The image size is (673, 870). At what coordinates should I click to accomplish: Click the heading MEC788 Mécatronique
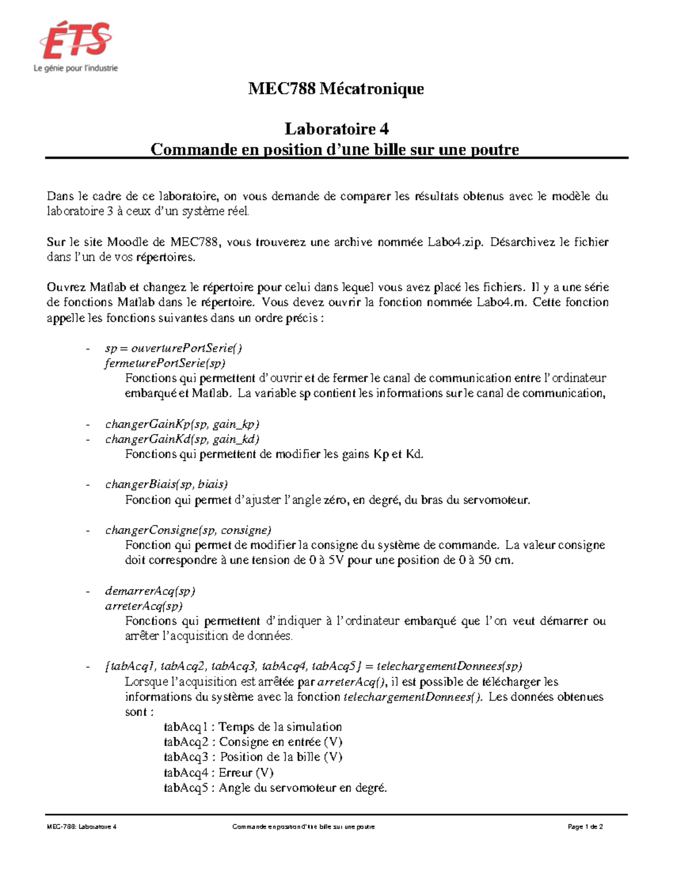pyautogui.click(x=336, y=89)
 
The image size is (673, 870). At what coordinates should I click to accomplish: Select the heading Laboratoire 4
pyautogui.click(x=336, y=129)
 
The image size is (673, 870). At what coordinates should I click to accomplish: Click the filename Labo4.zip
pyautogui.click(x=454, y=243)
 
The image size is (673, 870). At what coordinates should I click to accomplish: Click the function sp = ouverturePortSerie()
pyautogui.click(x=173, y=348)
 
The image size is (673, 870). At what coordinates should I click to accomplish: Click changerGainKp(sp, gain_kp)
pyautogui.click(x=182, y=424)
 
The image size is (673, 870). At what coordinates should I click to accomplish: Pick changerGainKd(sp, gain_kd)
pyautogui.click(x=182, y=439)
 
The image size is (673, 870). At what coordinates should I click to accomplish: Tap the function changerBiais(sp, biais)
pyautogui.click(x=167, y=485)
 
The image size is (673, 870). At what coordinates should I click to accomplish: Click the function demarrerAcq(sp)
pyautogui.click(x=150, y=591)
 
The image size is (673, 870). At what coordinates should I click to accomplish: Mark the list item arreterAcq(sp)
pyautogui.click(x=144, y=606)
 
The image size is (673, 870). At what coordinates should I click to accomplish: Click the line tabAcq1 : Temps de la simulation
pyautogui.click(x=252, y=727)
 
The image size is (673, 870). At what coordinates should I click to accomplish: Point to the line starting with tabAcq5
pyautogui.click(x=275, y=788)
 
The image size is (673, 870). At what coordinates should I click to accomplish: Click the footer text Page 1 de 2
pyautogui.click(x=585, y=827)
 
